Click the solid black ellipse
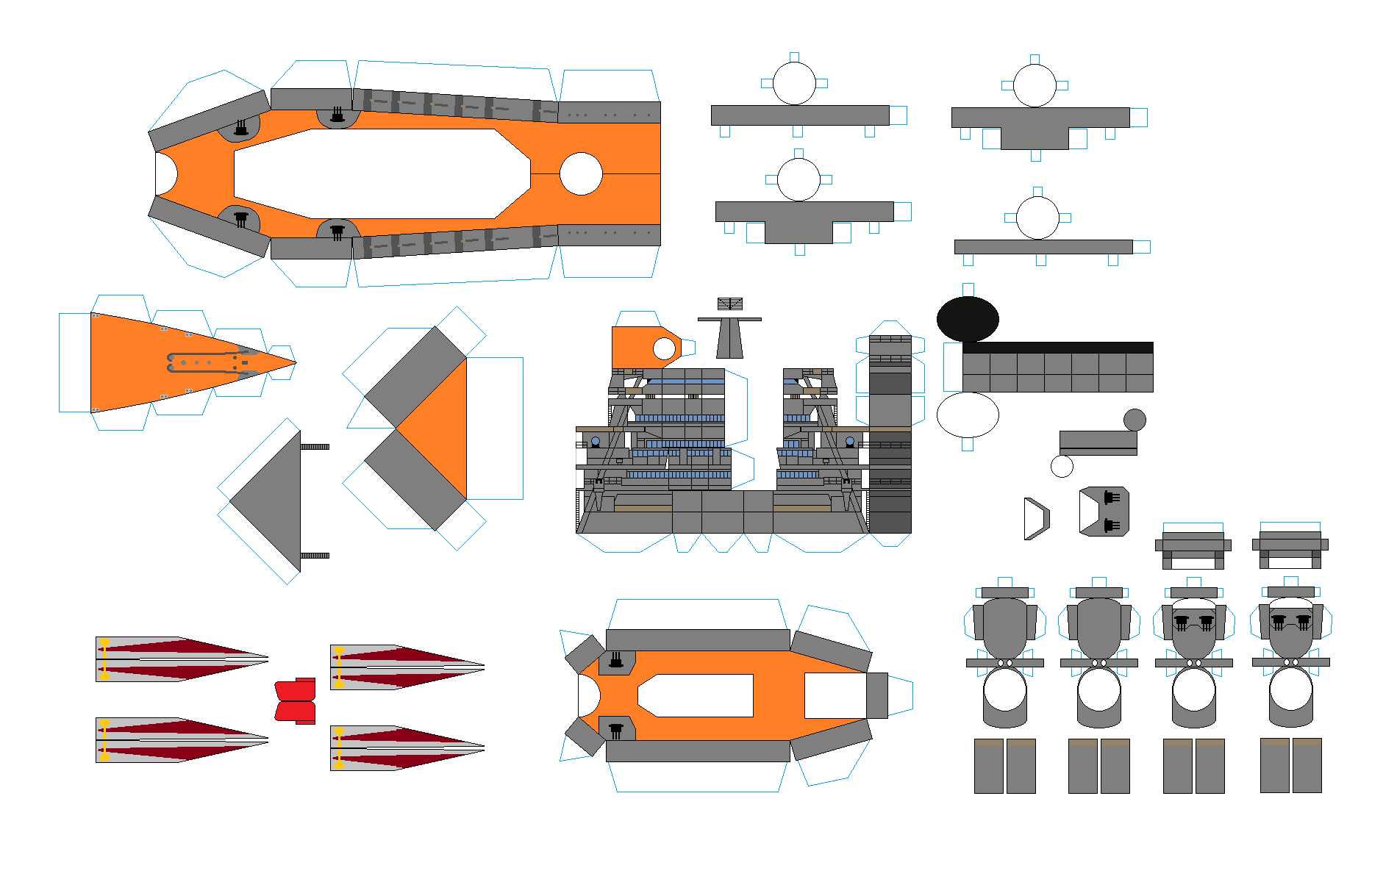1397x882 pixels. click(x=968, y=319)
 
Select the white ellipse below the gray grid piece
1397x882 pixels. click(x=968, y=415)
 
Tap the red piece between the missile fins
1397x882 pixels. click(x=296, y=700)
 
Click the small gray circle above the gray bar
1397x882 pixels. click(x=1135, y=420)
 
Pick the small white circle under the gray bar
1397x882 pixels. click(x=1062, y=466)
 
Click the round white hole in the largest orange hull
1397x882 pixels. click(x=581, y=174)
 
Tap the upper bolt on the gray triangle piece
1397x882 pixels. click(x=315, y=447)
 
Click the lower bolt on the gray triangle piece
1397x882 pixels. click(x=315, y=556)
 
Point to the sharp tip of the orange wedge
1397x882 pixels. click(x=295, y=362)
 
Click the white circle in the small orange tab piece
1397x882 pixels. click(x=664, y=348)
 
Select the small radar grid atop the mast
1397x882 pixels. click(x=730, y=304)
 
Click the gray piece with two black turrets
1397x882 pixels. click(x=1104, y=511)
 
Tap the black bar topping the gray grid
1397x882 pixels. click(x=1057, y=348)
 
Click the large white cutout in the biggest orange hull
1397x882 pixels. click(x=382, y=174)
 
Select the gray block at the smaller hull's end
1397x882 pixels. click(x=876, y=695)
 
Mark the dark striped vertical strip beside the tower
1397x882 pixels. click(x=890, y=434)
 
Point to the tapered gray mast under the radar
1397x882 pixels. click(x=729, y=339)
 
